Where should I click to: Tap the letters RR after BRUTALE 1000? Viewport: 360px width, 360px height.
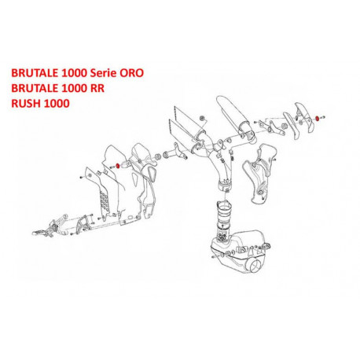[97, 88]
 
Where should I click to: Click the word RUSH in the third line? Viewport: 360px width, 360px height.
[26, 104]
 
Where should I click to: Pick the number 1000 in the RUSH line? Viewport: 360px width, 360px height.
[57, 104]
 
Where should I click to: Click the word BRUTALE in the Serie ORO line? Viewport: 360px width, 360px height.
[35, 72]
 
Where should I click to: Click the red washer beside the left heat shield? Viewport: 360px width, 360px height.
[118, 166]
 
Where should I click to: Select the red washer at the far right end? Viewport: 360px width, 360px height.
[318, 119]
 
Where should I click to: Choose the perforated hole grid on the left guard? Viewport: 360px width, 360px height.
[105, 201]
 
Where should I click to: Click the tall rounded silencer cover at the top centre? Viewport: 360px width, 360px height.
[234, 116]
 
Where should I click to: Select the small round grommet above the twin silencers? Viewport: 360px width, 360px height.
[202, 118]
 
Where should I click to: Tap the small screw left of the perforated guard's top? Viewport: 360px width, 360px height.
[81, 178]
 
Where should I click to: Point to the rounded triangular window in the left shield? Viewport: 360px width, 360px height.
[151, 174]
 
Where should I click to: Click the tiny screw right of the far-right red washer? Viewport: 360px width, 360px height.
[323, 117]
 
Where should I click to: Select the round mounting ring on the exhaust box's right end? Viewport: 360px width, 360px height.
[267, 245]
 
